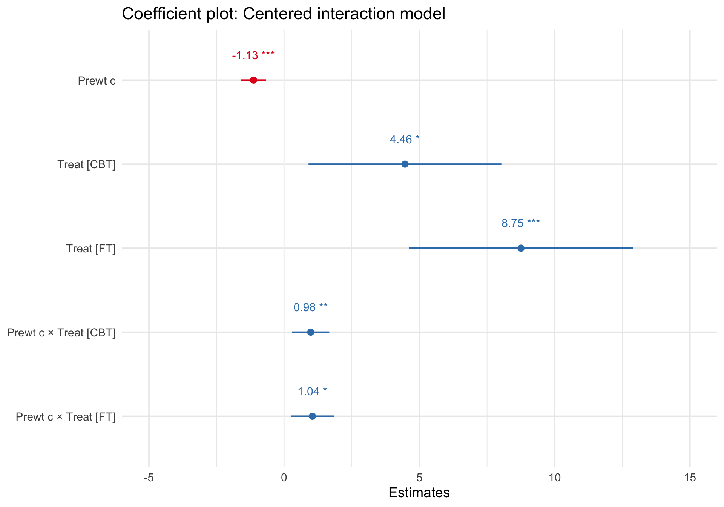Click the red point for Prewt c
click(253, 80)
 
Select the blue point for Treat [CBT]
click(405, 164)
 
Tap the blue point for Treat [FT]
click(521, 248)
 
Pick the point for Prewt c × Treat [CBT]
click(311, 332)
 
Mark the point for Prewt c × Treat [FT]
click(312, 416)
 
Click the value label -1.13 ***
click(253, 56)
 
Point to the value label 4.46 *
click(404, 140)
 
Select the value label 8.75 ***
click(520, 224)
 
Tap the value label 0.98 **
click(310, 308)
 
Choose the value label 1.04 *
click(312, 392)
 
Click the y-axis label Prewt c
click(97, 81)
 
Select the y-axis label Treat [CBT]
click(86, 165)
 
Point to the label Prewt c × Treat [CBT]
click(61, 333)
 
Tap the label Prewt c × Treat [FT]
click(66, 417)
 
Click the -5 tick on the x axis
click(149, 478)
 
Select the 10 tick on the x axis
click(555, 478)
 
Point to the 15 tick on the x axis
click(690, 478)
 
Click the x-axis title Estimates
click(419, 493)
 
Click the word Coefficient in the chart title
click(156, 14)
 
